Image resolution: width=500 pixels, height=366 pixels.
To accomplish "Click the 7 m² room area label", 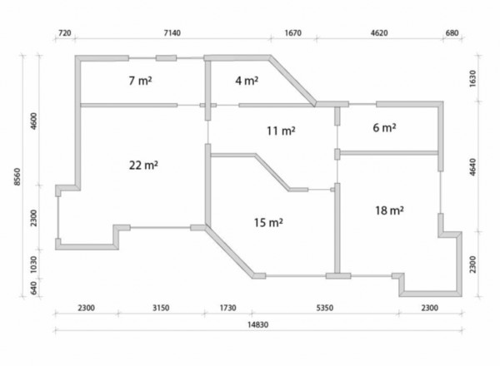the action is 140,81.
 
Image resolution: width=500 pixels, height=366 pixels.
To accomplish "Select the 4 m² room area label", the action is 247,81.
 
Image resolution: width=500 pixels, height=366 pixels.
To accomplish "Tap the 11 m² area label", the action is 281,131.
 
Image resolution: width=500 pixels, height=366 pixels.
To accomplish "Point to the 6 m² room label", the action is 384,127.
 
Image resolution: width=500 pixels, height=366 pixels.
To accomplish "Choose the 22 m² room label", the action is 143,166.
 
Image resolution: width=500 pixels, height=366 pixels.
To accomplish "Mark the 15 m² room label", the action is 268,222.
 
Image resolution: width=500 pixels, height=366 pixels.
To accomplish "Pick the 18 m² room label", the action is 389,210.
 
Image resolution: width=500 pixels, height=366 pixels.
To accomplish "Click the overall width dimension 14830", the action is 258,324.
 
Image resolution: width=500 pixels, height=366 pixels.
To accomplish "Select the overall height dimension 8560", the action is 17,176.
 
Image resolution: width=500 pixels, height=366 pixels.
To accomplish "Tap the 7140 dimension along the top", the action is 172,32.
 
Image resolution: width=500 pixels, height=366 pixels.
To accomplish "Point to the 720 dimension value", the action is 65,32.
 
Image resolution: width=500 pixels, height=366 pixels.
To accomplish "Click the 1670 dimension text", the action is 292,32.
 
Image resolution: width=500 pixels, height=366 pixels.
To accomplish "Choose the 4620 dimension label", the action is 379,32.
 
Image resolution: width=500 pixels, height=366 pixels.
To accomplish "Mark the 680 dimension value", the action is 452,32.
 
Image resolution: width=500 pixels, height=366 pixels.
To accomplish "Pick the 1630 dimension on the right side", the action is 472,78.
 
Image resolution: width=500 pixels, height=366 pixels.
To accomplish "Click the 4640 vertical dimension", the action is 472,166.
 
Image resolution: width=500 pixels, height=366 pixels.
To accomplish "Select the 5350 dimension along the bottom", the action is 325,308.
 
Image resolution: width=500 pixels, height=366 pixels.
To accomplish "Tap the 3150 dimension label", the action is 161,308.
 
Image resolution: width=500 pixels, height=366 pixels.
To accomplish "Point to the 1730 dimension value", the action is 227,308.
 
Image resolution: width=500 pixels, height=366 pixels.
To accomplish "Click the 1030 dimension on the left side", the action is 33,265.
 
